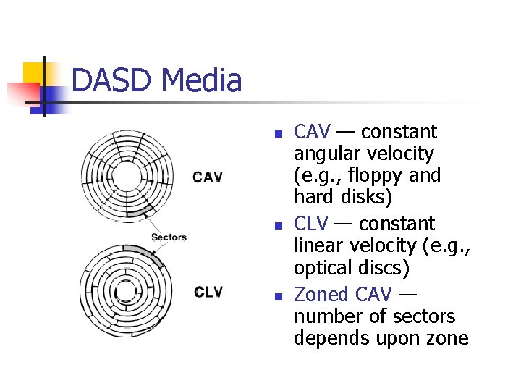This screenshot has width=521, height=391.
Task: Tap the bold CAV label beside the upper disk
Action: tap(208, 177)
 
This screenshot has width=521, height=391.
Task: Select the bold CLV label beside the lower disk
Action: tap(208, 293)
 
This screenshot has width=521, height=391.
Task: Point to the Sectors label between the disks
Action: tap(169, 237)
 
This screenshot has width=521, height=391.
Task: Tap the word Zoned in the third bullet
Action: tap(322, 295)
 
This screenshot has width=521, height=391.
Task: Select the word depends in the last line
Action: tap(325, 338)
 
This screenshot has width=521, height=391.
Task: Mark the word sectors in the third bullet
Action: tap(430, 316)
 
